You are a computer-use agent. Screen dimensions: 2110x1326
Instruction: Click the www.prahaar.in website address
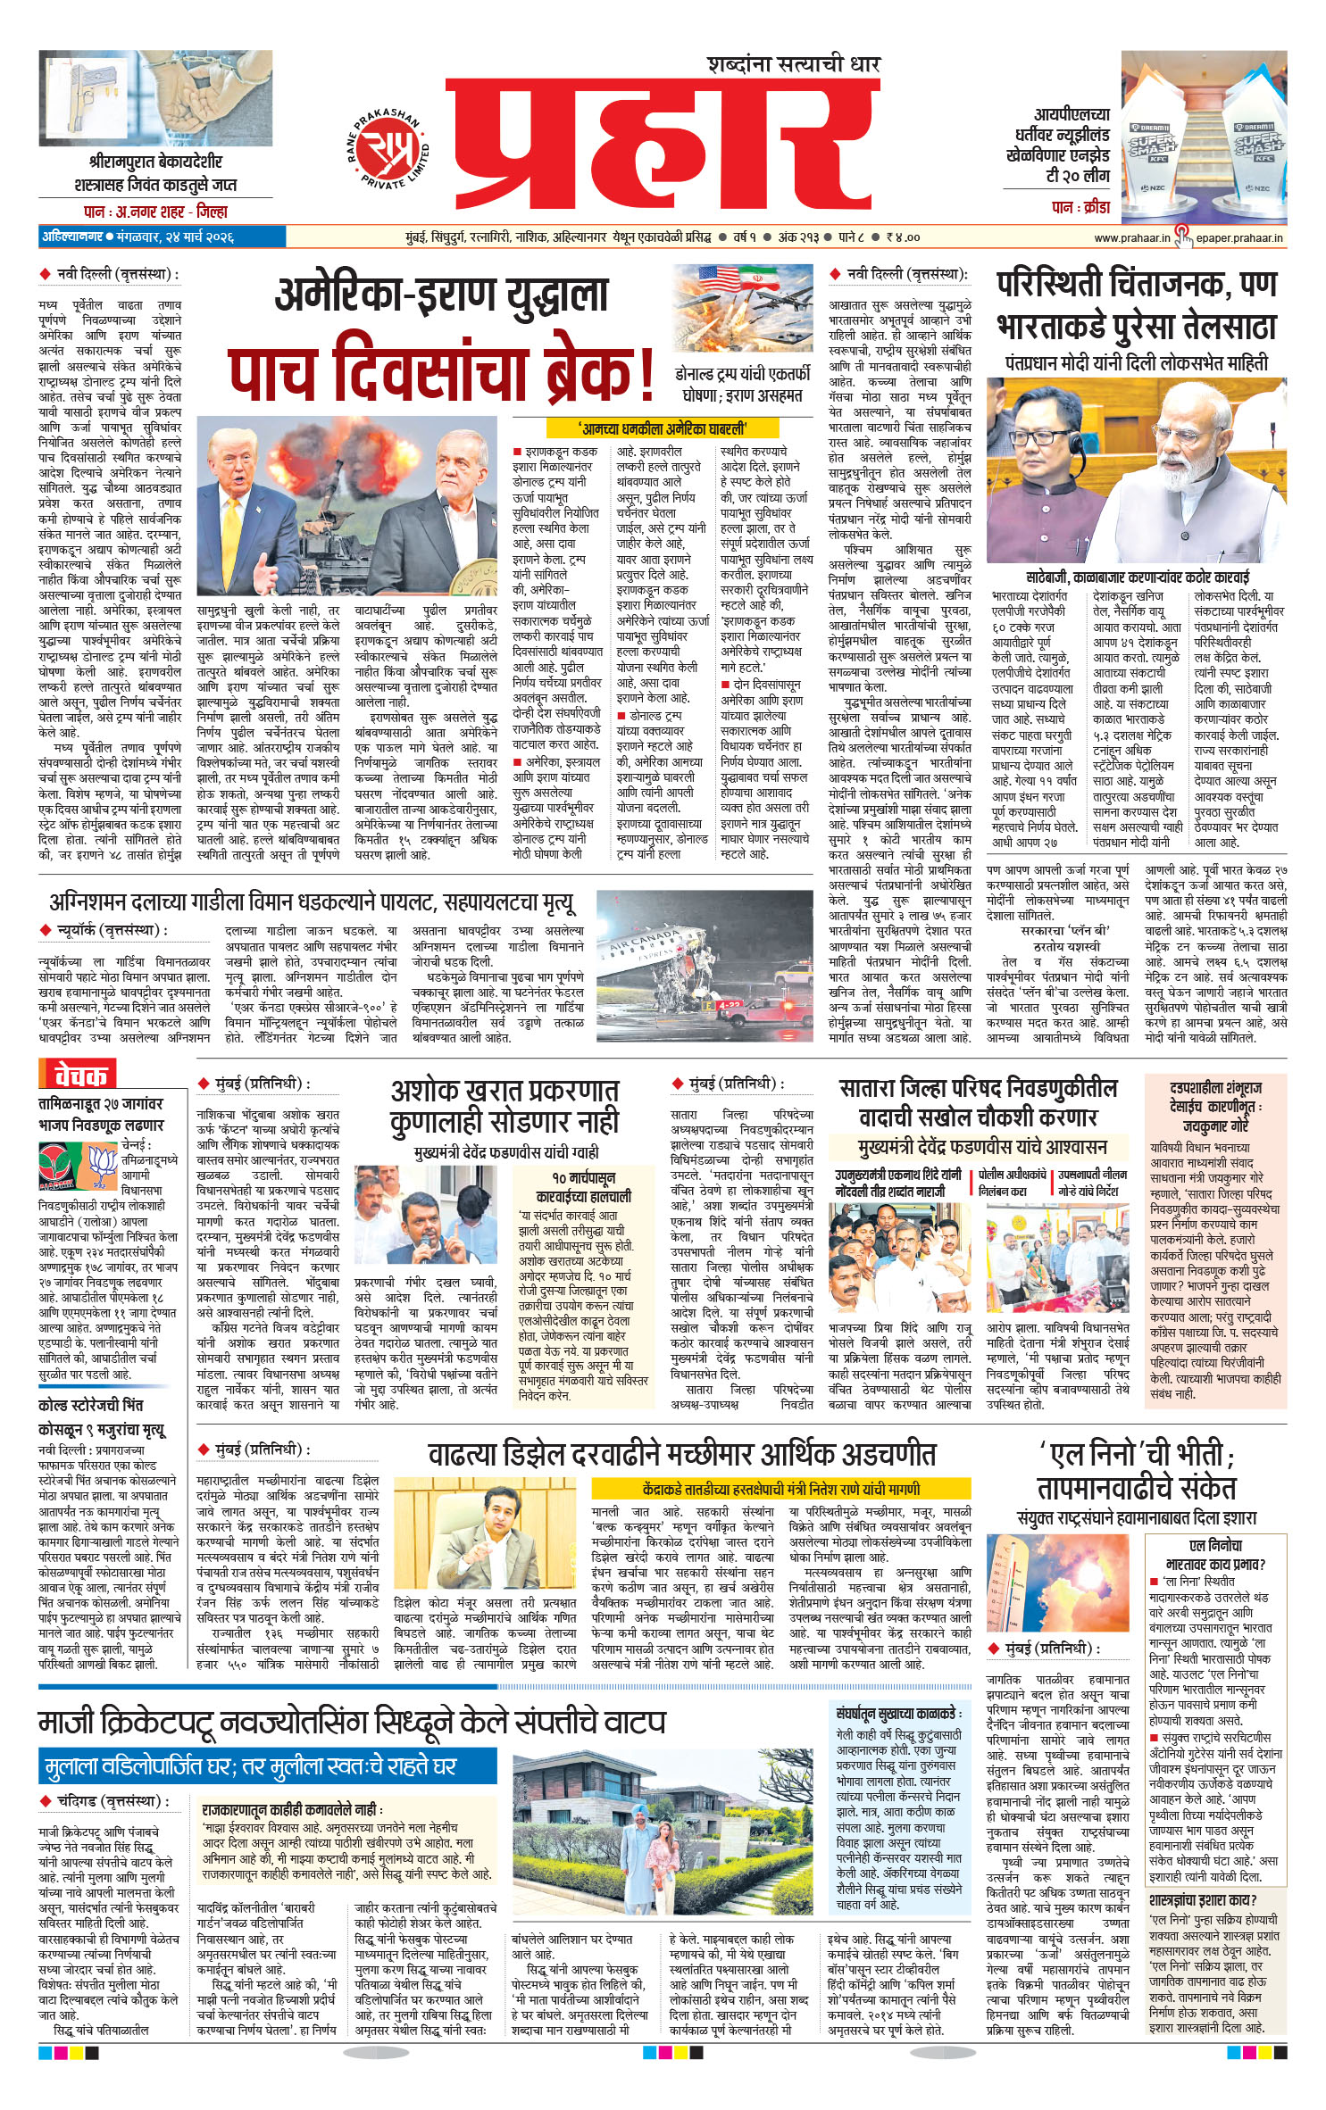[x=1131, y=237]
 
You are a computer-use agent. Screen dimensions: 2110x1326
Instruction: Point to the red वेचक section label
[x=79, y=1075]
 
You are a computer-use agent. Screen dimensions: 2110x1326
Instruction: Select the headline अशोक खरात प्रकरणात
[x=505, y=1092]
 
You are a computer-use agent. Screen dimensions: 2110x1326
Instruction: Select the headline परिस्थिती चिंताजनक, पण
[x=1136, y=285]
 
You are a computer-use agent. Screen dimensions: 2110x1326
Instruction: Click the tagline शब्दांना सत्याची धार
[x=793, y=64]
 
